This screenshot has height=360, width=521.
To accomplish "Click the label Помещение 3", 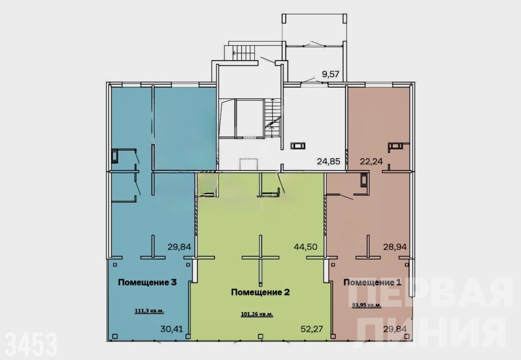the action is point(147,282).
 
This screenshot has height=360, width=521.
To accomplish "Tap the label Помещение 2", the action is point(260,292).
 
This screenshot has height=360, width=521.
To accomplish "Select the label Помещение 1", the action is point(372,282).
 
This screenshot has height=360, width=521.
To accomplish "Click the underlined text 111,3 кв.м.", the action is point(149,311).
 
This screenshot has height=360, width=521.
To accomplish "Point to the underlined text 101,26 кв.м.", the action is point(257,314).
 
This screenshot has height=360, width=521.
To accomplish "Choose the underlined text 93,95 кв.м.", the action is point(367,305).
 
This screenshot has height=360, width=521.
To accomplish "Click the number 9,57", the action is point(331,74).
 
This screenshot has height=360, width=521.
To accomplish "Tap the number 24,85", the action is point(328,161).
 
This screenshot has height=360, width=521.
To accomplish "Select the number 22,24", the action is point(371,161).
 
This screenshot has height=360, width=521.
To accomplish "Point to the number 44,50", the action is point(305,247).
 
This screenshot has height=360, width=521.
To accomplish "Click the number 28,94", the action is point(395,247).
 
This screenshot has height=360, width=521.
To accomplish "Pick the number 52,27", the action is point(312,329).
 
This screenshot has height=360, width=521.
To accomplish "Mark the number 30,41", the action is point(172,329).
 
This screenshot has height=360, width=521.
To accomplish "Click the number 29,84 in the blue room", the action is point(180,247).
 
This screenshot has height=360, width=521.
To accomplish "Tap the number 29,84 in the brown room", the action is point(395,329).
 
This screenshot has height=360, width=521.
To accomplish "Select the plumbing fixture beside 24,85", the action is point(298,146).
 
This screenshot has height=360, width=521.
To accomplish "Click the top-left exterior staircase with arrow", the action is point(241,53).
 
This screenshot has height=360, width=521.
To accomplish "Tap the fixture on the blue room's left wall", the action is point(115,156).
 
